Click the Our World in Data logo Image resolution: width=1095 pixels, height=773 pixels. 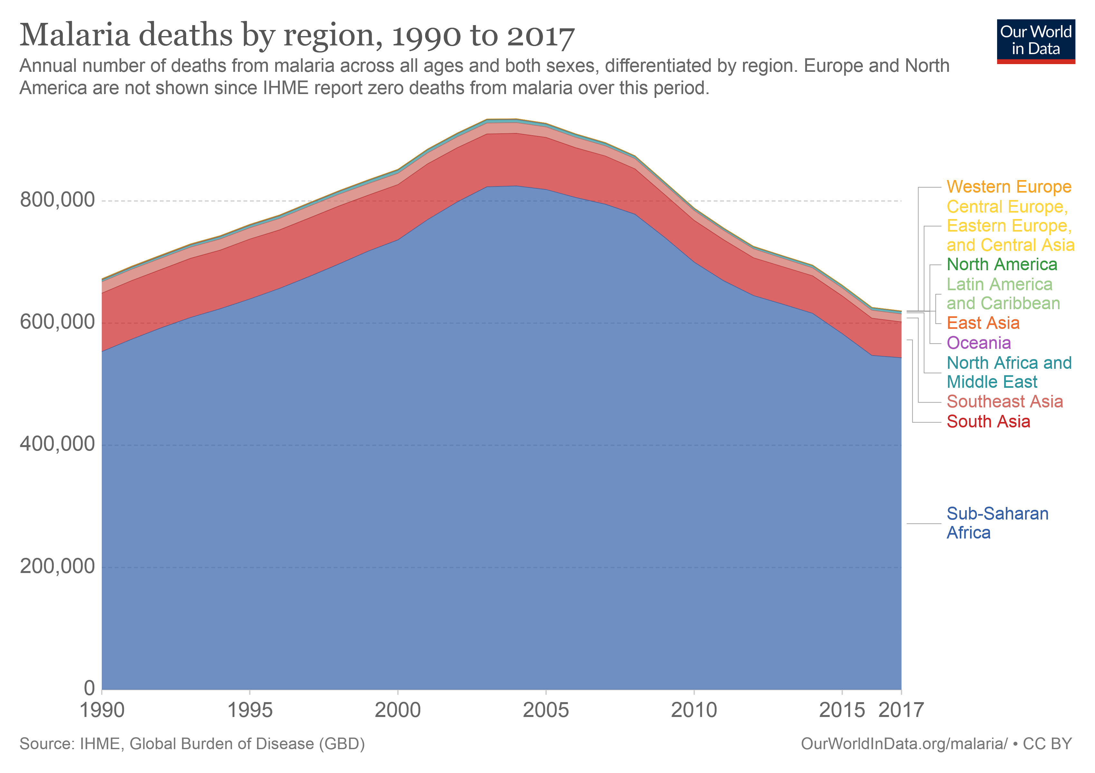coord(1035,41)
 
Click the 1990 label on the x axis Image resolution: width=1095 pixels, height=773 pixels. coord(102,710)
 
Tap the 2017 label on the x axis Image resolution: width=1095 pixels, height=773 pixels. coord(901,710)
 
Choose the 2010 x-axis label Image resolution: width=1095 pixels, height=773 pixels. coord(694,710)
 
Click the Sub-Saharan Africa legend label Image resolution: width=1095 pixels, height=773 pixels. coord(997,523)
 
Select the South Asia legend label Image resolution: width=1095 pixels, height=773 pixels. coord(988,422)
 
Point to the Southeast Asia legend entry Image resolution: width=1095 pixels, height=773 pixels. coord(1005,402)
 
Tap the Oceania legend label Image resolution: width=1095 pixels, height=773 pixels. coord(979,343)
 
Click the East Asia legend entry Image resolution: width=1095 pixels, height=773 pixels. coord(983,323)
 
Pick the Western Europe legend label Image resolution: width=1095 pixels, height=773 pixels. coord(1009,186)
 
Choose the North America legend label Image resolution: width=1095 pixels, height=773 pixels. coord(1002,264)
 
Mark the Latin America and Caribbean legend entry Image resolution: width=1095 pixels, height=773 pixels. coord(1003,294)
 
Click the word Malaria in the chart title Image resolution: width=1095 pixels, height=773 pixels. coord(75,35)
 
